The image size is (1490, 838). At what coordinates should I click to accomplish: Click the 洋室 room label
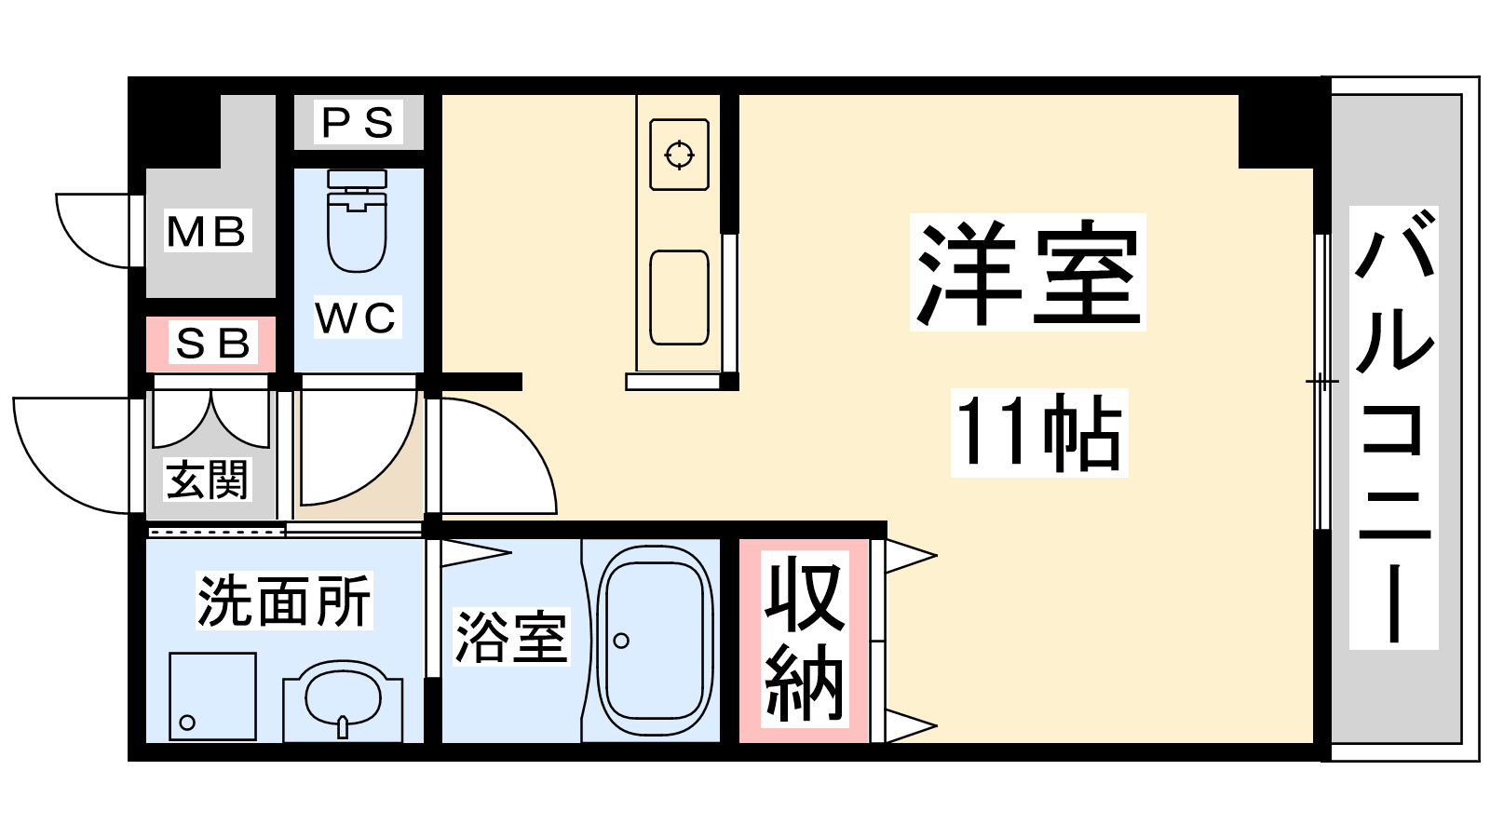pos(1027,272)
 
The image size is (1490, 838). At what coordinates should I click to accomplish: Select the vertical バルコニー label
pos(1393,427)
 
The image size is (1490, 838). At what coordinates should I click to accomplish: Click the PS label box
pos(358,122)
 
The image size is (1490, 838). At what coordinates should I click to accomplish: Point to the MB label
pos(206,231)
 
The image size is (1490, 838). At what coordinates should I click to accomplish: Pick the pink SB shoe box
pos(211,344)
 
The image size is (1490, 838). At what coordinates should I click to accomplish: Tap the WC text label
pos(356,318)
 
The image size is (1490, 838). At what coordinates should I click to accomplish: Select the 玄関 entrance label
pos(208,480)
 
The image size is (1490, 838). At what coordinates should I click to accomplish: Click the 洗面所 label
pos(284,601)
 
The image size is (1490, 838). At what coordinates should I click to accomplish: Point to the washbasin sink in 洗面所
pos(343,695)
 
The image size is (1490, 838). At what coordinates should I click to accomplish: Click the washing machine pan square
pos(212,696)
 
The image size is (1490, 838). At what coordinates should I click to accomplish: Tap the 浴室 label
pos(510,638)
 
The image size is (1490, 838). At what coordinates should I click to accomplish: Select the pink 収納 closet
pos(804,641)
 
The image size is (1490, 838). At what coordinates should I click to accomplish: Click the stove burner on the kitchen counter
pos(679,155)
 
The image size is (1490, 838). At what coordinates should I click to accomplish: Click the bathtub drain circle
pos(621,641)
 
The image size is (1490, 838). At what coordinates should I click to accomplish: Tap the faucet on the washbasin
pos(343,725)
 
